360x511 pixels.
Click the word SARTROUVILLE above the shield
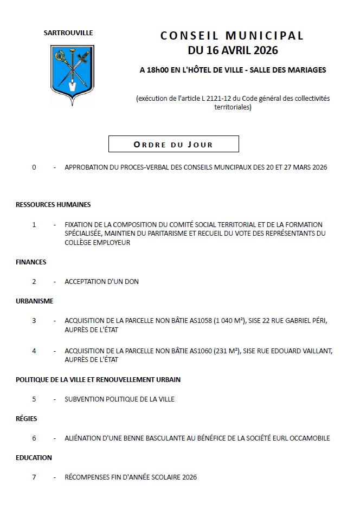point(68,33)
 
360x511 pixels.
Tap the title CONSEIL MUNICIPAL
point(232,36)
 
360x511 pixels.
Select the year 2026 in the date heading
point(264,50)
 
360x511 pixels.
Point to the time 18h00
point(159,70)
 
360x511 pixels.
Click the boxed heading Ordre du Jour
point(173,144)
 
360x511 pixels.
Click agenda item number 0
point(34,167)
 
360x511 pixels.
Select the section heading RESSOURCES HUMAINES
point(53,205)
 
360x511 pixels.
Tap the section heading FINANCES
point(31,262)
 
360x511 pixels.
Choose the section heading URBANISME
point(35,301)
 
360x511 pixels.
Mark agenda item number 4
point(34,351)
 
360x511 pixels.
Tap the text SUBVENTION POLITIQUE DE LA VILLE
point(119,399)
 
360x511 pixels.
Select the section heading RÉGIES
point(27,419)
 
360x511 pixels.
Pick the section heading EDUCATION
point(34,458)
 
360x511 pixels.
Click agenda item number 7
point(34,477)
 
